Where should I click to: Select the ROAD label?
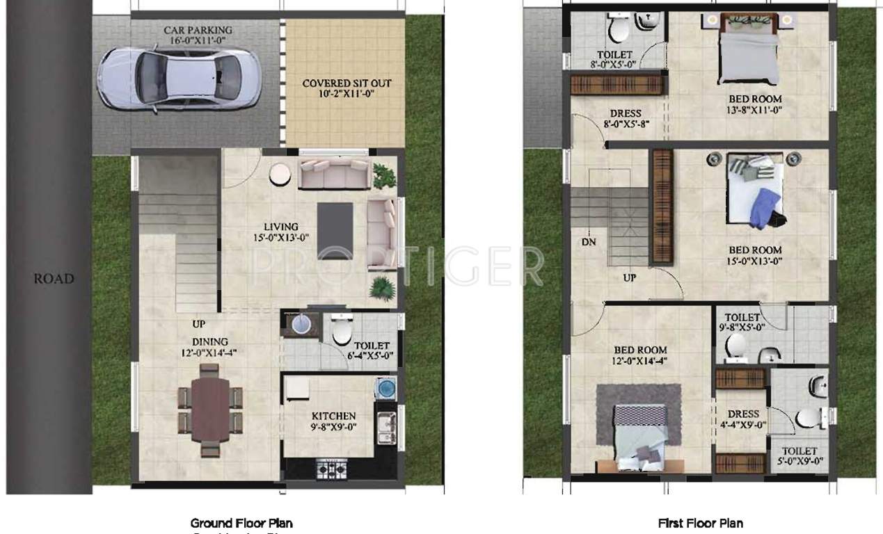tap(54, 279)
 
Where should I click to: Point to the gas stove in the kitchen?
tap(332, 469)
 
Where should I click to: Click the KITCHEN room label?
tap(333, 416)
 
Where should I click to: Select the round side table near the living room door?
tap(281, 174)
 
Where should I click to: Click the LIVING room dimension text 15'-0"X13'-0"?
tap(281, 237)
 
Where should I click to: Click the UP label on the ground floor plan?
tap(200, 324)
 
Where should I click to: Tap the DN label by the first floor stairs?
tap(588, 243)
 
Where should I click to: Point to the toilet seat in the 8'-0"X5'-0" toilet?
tap(616, 29)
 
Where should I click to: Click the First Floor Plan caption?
tap(700, 523)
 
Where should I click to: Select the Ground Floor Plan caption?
tap(241, 523)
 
